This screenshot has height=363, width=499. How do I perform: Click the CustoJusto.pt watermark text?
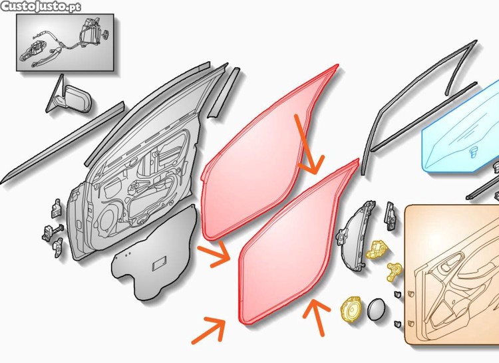41,7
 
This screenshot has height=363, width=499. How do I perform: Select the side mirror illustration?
69,97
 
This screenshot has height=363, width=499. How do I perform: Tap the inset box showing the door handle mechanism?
65,43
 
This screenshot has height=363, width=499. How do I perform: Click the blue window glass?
462,131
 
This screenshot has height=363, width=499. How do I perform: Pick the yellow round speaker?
351,308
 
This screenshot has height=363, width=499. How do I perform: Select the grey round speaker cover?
377,309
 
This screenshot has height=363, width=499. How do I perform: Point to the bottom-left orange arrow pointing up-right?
209,330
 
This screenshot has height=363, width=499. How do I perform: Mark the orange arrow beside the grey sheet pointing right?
214,255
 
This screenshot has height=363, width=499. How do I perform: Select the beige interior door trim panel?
452,275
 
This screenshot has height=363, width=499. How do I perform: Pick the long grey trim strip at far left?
63,143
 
